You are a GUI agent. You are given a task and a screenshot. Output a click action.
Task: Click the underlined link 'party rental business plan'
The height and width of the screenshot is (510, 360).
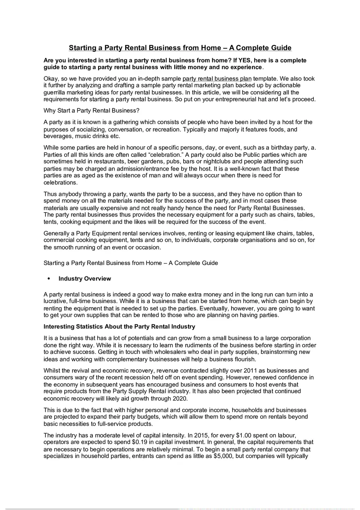[217, 79]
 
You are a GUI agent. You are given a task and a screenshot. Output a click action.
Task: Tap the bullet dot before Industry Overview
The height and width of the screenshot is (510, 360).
[49, 279]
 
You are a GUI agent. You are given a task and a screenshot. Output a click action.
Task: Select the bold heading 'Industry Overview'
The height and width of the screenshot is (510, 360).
[85, 279]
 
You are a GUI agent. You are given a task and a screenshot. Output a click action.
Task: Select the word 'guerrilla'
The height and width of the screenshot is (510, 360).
[55, 92]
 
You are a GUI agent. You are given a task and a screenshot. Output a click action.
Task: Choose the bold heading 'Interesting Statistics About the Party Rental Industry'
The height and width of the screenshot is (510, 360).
[119, 327]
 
